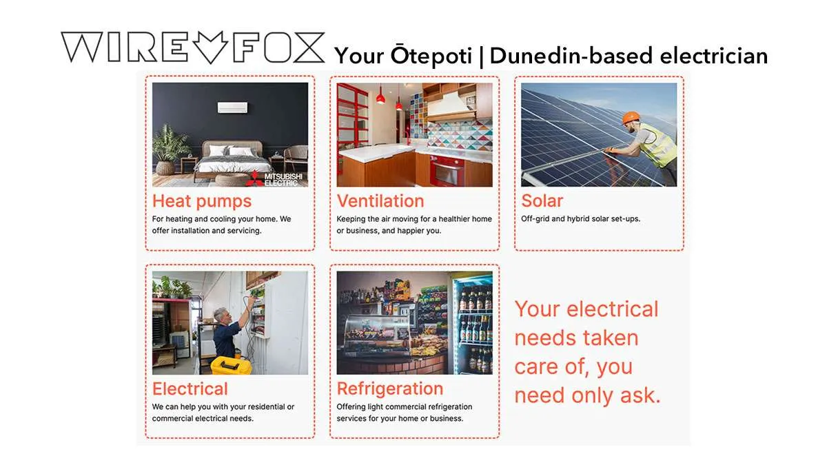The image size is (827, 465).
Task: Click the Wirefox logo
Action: point(193,48)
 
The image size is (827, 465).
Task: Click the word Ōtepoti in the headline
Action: point(431,55)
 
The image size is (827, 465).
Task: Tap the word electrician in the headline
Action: point(714,56)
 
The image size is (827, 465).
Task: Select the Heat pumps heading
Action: point(202,201)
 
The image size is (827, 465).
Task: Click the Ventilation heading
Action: point(380,201)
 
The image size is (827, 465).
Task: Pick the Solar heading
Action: point(542,200)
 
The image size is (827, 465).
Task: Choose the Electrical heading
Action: point(190,389)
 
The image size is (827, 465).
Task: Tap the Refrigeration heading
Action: point(390,389)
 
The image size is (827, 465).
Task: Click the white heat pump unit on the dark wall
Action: point(233,107)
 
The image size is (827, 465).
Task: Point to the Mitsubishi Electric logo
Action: point(275,178)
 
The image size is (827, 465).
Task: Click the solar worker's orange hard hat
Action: point(631,118)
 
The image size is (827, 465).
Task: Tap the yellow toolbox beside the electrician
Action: point(231,365)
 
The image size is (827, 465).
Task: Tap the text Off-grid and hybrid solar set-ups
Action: point(580,219)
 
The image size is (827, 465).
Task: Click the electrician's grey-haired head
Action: point(221,314)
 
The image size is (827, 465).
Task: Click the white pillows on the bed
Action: point(232,151)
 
